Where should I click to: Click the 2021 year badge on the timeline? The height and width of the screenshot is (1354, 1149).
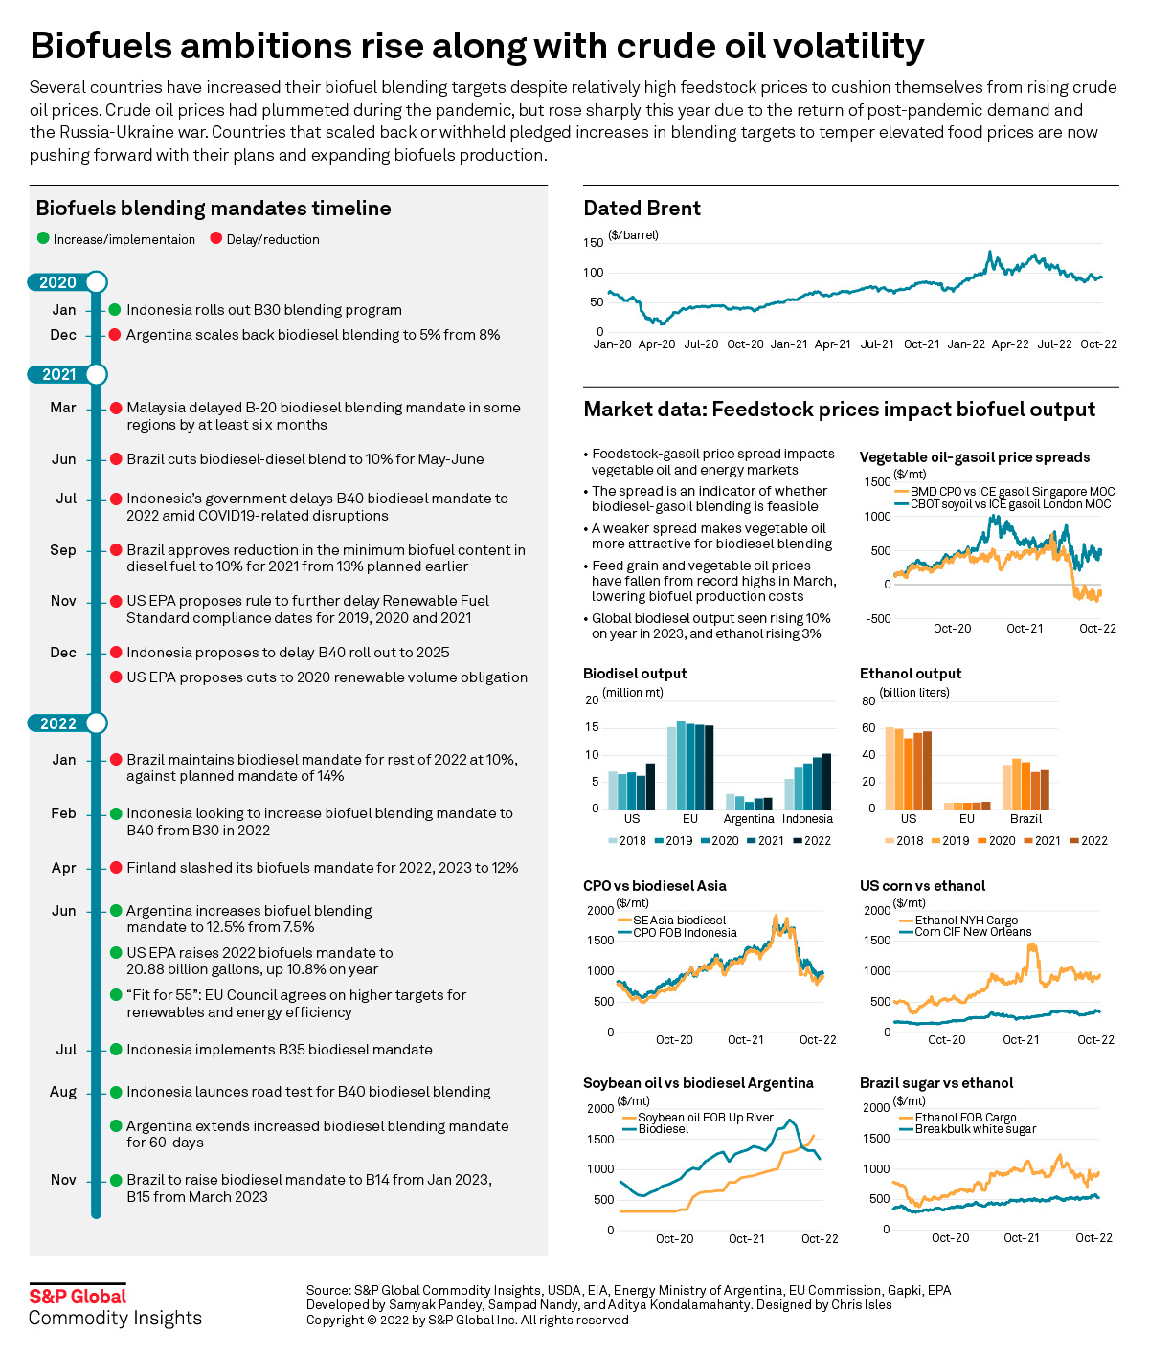tap(59, 374)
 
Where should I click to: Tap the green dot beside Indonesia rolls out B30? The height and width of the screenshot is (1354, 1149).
tap(115, 310)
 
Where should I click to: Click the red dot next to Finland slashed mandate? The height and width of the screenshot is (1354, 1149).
tap(115, 868)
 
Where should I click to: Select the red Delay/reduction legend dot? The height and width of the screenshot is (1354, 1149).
tap(216, 239)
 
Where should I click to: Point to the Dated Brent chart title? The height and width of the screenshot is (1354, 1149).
tap(642, 209)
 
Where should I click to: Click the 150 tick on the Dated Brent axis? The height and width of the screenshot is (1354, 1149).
tap(594, 243)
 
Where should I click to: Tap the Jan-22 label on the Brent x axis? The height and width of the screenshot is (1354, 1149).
tap(965, 344)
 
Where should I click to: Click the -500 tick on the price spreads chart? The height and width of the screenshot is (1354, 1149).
tap(878, 619)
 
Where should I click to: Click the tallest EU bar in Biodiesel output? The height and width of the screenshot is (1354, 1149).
tap(681, 765)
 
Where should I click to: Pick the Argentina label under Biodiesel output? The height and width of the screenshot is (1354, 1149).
tap(749, 819)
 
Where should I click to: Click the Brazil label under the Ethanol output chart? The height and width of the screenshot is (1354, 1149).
tap(1025, 819)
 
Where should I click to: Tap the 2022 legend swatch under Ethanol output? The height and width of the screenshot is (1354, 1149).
tap(1074, 841)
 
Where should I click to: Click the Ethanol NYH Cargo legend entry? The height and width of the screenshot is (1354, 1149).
tap(966, 921)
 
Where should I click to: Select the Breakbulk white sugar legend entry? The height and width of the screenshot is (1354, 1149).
tap(975, 1129)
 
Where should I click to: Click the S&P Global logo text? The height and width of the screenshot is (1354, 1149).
tap(78, 1297)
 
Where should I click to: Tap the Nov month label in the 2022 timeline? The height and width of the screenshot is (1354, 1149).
tap(63, 1180)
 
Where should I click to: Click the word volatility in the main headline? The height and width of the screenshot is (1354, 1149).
tap(830, 46)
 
